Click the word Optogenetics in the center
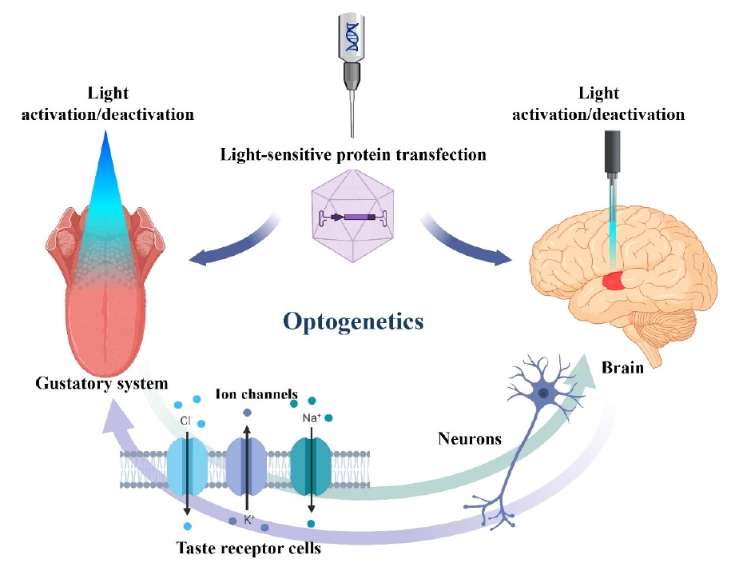click(x=352, y=322)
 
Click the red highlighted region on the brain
click(x=614, y=280)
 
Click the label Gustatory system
click(x=101, y=383)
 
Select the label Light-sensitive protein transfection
click(x=353, y=154)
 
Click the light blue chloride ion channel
click(x=186, y=467)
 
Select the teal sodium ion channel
click(x=309, y=467)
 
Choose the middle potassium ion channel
click(x=247, y=467)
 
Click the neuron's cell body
click(x=544, y=393)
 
